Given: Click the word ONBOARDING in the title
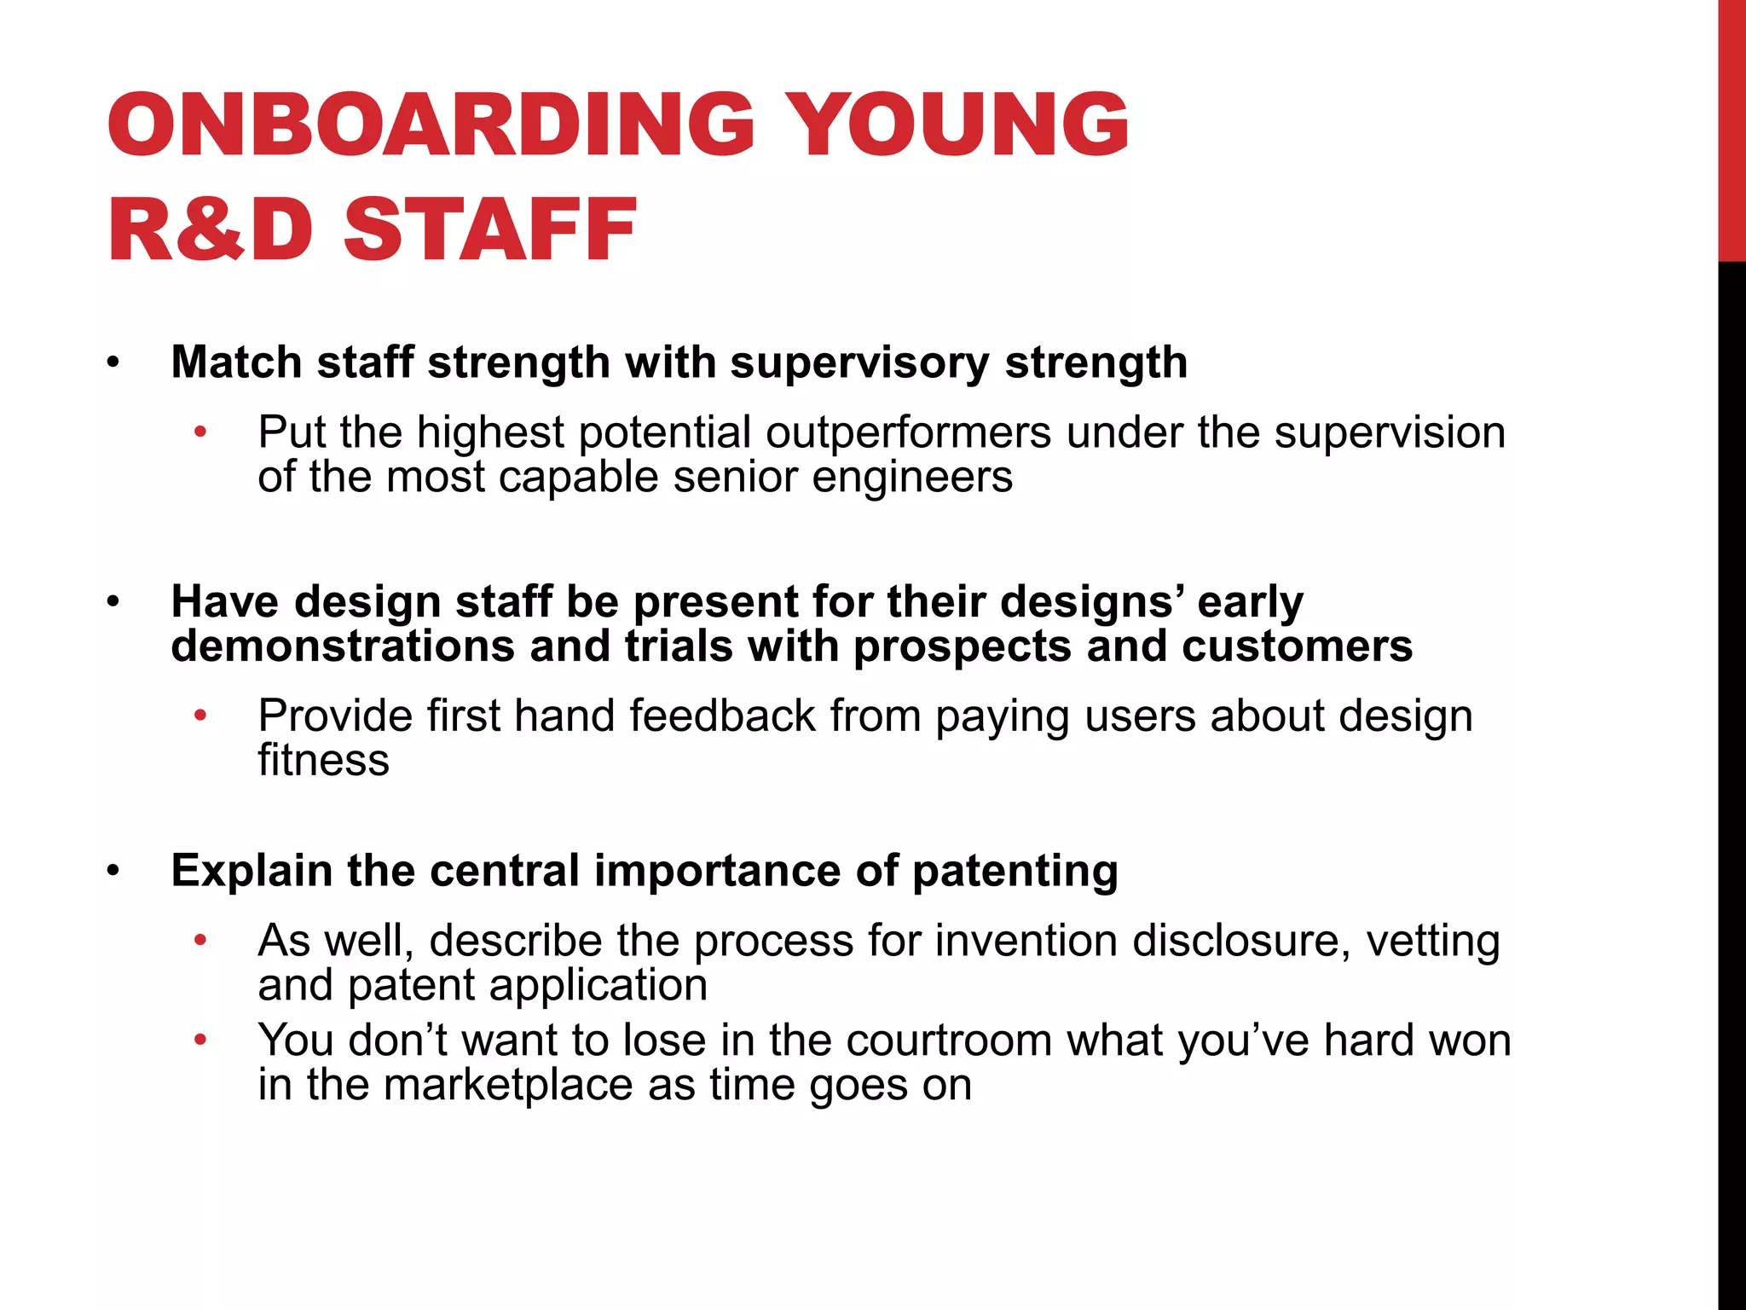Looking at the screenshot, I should click(x=431, y=125).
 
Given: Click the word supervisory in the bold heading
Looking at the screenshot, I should click(x=859, y=362).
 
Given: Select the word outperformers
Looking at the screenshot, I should click(x=908, y=432).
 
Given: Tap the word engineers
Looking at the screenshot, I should click(x=912, y=477).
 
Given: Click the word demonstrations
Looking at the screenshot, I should click(x=343, y=646).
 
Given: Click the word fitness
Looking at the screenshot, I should click(x=323, y=760).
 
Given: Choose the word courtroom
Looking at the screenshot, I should click(x=949, y=1040).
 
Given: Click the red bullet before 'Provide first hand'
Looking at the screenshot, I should click(x=200, y=716).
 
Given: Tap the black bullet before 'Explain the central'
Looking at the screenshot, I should click(x=113, y=872).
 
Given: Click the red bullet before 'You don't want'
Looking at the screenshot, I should click(x=200, y=1040).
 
